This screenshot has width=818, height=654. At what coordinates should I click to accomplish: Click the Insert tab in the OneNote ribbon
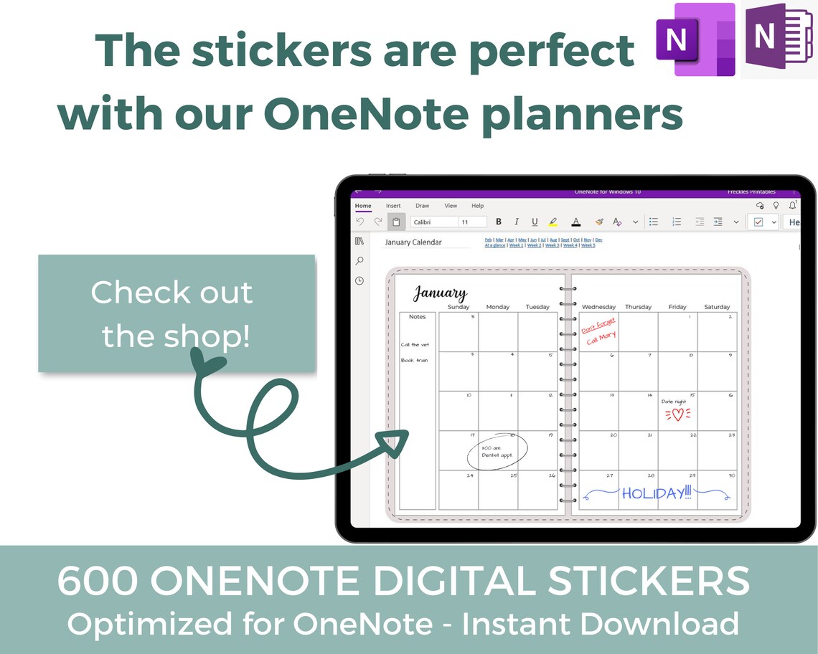click(393, 206)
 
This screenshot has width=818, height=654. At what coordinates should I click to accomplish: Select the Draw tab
click(422, 206)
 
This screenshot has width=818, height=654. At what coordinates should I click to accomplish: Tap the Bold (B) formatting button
click(499, 222)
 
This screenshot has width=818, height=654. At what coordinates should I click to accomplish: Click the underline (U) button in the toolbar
click(535, 222)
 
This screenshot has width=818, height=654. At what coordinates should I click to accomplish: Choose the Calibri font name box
click(433, 222)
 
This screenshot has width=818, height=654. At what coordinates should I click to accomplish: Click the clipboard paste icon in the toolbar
click(396, 222)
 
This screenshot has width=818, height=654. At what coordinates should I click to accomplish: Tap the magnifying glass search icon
click(359, 261)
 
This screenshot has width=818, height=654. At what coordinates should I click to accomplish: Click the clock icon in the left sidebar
click(359, 280)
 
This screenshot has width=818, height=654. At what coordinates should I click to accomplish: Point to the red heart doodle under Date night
click(677, 414)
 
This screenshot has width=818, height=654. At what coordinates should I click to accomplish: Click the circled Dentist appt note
click(497, 451)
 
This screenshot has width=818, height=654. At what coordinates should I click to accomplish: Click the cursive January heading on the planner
click(440, 294)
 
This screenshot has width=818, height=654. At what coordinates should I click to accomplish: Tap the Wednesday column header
click(598, 307)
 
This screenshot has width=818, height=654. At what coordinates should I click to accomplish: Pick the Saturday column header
click(716, 307)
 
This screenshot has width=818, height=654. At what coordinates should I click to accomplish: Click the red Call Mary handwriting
click(601, 338)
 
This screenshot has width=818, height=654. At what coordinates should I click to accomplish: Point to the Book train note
click(414, 361)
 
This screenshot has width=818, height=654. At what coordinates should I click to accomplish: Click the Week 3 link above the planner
click(552, 245)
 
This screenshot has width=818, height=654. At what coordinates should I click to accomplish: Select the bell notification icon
click(793, 205)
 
